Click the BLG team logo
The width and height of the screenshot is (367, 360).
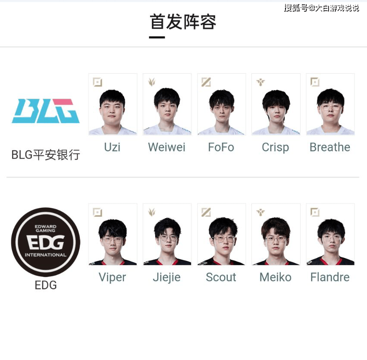pos(46,111)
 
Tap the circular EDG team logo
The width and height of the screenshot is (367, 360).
pos(46,242)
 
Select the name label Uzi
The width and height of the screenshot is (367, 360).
pos(113,147)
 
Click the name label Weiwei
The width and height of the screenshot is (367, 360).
pos(166,147)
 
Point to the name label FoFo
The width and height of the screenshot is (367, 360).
pos(221,147)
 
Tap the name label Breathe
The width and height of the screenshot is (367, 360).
pos(330,147)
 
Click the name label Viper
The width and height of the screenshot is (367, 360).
pos(113,278)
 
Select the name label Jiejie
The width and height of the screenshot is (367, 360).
pos(166,278)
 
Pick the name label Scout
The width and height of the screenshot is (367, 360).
pos(221,277)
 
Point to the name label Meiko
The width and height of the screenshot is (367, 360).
pos(276,277)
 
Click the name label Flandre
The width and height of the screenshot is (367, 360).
pos(330,277)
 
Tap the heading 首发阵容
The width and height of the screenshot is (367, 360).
pos(183,22)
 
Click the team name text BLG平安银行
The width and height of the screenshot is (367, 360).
pos(46,155)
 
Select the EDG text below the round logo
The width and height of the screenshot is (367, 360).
pos(46,285)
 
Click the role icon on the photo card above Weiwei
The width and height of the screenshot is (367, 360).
pos(152,82)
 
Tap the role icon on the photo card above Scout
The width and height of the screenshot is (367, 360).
pos(206,212)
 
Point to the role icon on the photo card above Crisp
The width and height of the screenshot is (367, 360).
pos(260,82)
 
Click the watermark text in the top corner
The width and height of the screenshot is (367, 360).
pos(322,8)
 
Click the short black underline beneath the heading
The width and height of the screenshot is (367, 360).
pos(157,37)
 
